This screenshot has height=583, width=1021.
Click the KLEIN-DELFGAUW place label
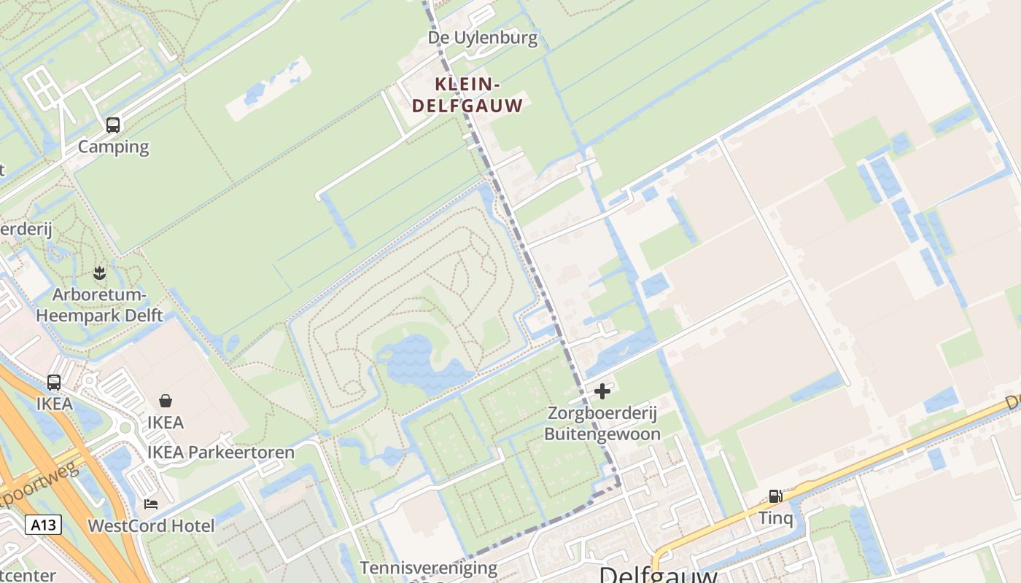coord(467,95)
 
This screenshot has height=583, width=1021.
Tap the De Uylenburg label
coord(483,38)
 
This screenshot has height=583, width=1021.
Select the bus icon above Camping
coord(113,125)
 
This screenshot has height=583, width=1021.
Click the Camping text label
coord(113,146)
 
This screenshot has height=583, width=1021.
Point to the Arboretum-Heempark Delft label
coord(99,305)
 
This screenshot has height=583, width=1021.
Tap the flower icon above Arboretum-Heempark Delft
coord(99,274)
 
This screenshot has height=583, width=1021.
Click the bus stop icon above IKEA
coord(54,382)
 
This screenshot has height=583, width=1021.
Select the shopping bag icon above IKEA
coord(166,401)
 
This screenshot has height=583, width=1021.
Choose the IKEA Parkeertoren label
coord(221,453)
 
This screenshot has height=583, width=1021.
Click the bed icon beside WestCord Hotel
coord(151,504)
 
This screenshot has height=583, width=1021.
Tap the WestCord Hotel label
coord(151,525)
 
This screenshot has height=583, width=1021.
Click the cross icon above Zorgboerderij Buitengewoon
coord(602,392)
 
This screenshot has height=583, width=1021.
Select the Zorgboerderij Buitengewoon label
coord(602,424)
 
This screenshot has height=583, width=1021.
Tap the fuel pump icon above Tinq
coord(775,497)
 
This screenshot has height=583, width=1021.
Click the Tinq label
coord(775,518)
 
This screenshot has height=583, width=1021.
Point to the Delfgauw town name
coord(658,574)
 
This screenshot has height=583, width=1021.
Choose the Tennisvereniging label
coord(428,568)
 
